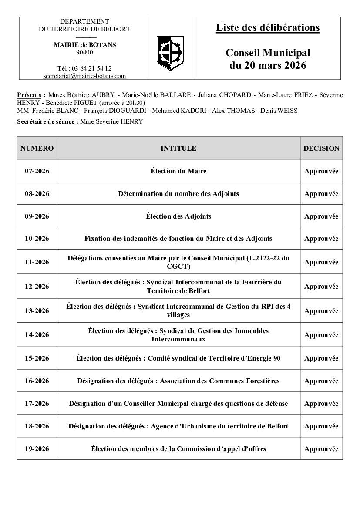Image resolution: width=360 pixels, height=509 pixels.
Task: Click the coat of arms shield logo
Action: (x=170, y=53)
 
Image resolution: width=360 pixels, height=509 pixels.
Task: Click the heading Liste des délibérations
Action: (x=268, y=28)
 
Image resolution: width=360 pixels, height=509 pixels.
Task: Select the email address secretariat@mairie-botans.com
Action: (x=84, y=76)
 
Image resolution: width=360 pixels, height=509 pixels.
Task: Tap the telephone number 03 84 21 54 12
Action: (x=91, y=68)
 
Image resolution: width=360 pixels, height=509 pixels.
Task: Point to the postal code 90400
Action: (x=84, y=52)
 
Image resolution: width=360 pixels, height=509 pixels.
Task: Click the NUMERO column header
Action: (x=37, y=148)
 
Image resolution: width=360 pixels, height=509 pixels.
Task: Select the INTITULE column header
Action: (x=178, y=148)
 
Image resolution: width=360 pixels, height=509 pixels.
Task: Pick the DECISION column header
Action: (x=321, y=148)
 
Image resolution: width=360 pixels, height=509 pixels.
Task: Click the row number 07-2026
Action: (x=37, y=171)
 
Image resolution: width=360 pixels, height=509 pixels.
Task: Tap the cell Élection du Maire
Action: (x=178, y=171)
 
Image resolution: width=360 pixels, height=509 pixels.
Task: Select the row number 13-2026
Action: (x=37, y=311)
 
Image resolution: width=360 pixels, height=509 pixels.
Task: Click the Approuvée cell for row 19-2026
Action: (x=321, y=449)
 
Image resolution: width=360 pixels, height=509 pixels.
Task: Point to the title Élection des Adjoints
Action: (x=178, y=216)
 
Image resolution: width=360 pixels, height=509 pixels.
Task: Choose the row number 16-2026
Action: (x=37, y=381)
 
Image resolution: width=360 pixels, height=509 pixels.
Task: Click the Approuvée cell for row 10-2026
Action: (x=321, y=239)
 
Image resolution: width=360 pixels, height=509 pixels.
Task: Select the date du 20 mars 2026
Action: (x=268, y=66)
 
